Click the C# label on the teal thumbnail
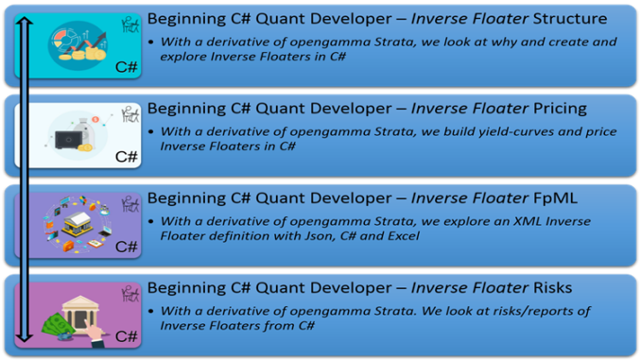click(x=126, y=67)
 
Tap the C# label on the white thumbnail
click(x=126, y=156)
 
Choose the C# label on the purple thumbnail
click(x=126, y=247)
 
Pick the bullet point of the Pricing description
click(x=152, y=131)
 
